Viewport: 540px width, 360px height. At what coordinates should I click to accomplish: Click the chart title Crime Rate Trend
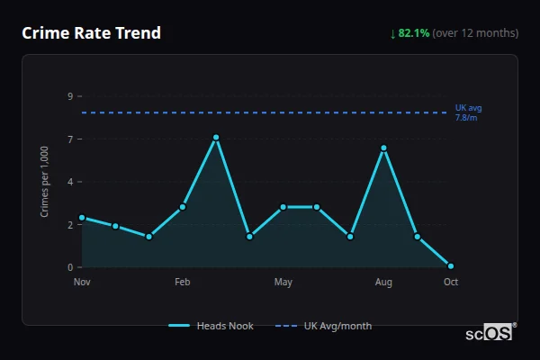tap(91, 33)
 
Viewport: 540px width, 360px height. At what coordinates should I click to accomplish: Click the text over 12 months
tap(475, 33)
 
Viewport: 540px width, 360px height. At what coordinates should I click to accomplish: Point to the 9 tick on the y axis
tap(70, 95)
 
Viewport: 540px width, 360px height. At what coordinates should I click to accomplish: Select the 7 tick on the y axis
tap(70, 139)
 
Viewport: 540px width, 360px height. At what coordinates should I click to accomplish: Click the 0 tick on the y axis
tap(70, 267)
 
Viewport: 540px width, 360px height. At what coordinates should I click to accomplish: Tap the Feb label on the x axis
tap(182, 283)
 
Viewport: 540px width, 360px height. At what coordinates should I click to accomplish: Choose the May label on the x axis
tap(283, 283)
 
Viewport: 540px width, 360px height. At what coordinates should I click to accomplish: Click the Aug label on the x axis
tap(383, 283)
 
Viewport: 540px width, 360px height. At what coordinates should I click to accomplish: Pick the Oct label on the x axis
tap(450, 283)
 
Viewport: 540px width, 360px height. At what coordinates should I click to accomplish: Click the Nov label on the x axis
tap(82, 283)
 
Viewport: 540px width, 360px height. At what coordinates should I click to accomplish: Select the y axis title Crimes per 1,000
tap(45, 181)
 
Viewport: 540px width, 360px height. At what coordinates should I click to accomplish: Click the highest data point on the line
tap(216, 138)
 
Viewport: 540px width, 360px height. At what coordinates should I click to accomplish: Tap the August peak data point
tap(383, 148)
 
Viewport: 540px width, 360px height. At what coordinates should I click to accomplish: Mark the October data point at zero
tap(450, 266)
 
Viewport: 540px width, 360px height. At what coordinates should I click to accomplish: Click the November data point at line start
tap(82, 217)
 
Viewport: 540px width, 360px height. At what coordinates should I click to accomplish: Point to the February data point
tap(183, 207)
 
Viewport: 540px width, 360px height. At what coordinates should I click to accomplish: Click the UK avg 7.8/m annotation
tap(468, 112)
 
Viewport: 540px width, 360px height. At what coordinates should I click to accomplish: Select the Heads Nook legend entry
tap(211, 326)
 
